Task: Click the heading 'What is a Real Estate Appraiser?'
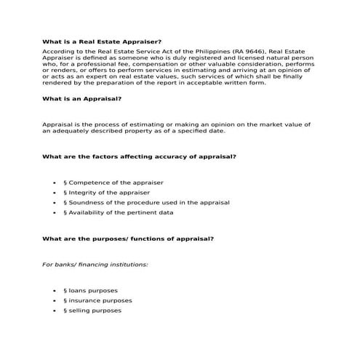[x=102, y=43]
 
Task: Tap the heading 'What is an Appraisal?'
[x=81, y=98]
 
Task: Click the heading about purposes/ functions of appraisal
[x=128, y=239]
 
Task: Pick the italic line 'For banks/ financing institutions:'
[x=95, y=264]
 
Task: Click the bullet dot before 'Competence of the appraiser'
[x=55, y=183]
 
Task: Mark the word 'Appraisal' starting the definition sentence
[x=59, y=124]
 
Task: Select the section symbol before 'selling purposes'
[x=65, y=311]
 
